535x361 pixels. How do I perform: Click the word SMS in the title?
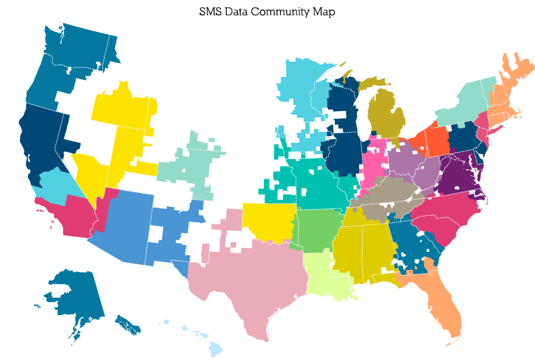click(x=212, y=12)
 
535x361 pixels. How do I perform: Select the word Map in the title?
click(x=324, y=12)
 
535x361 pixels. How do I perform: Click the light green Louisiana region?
click(x=327, y=274)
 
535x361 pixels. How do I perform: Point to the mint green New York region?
click(x=462, y=104)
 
